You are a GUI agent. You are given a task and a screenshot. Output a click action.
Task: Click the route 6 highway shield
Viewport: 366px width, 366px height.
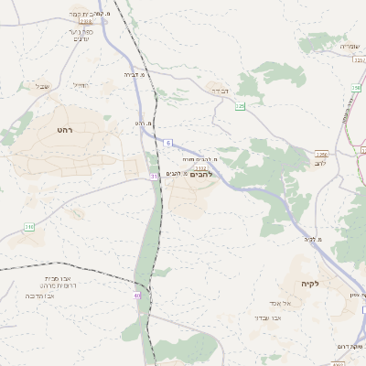pos(168,143)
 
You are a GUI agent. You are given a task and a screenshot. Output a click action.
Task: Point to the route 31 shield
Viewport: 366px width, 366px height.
pos(155,175)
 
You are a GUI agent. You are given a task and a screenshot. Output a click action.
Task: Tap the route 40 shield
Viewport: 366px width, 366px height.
pos(137,296)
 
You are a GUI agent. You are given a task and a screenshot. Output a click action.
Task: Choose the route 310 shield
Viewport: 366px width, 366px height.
pos(29,226)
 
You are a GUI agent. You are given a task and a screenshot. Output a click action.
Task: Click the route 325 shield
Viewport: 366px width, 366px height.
pos(240,107)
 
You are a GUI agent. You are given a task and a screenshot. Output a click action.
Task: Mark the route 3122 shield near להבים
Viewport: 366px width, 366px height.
pos(200,167)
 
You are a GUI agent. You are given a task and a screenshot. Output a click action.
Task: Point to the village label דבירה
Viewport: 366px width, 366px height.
pos(220,91)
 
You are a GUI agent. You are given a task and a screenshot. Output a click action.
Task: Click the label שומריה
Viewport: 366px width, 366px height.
pos(351,47)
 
